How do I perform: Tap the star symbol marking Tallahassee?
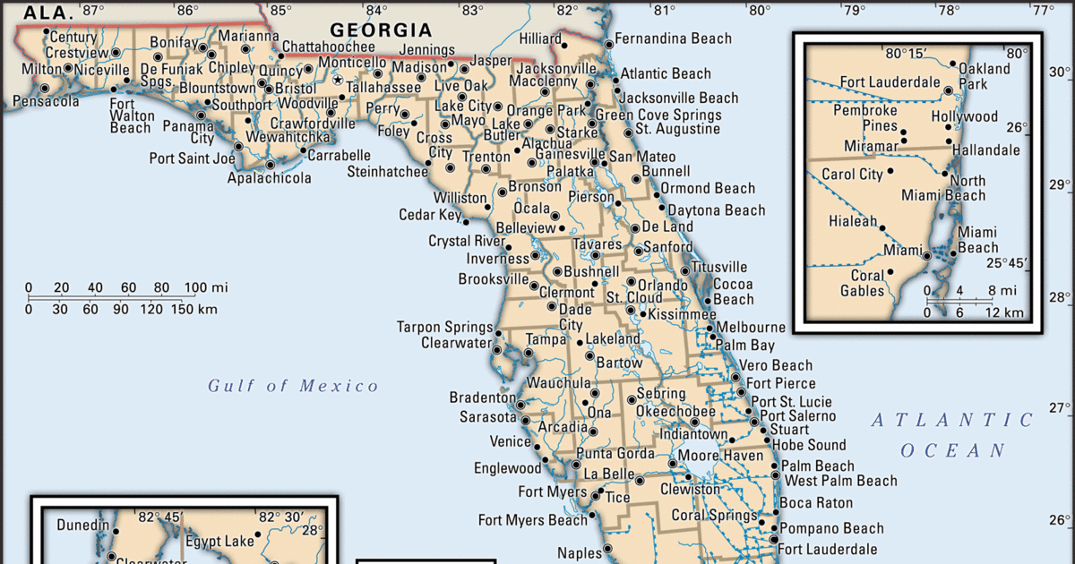338,80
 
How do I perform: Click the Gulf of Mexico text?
294,386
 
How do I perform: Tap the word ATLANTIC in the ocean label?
953,420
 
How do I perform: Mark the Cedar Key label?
430,215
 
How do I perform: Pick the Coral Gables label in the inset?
862,283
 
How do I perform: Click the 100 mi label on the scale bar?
206,287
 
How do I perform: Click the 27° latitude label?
1060,408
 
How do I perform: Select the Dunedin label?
83,525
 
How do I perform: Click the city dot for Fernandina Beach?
607,42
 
